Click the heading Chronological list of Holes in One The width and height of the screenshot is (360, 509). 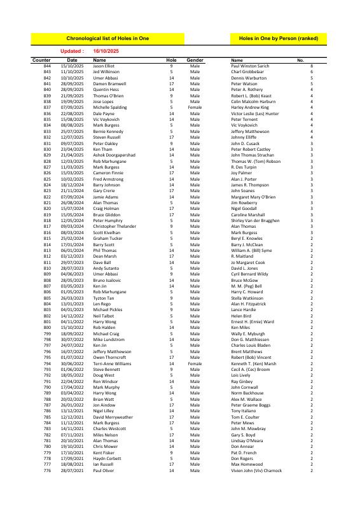[108, 39]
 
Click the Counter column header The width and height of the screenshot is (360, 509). [41, 60]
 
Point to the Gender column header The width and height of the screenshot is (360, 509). [195, 60]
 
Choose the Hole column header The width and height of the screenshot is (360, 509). [171, 60]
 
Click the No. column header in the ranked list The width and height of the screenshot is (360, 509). [301, 60]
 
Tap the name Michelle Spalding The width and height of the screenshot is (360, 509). [110, 107]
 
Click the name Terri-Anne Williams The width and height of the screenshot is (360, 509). [113, 345]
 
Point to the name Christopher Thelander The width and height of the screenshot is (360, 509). [114, 227]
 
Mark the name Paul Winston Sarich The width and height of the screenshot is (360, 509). [250, 66]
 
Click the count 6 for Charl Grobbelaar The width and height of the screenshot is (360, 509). [311, 72]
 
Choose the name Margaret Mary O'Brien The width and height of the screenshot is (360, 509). [253, 197]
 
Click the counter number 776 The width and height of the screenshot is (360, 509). [47, 471]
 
